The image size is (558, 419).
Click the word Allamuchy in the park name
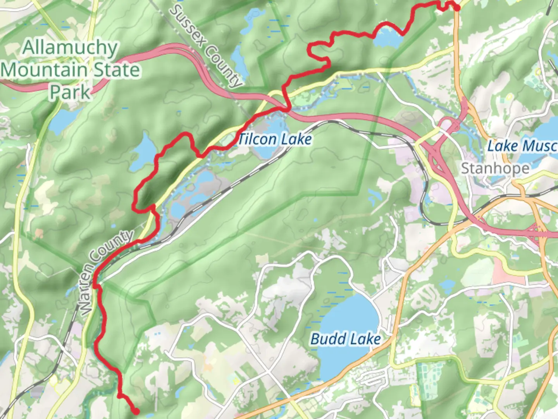click(x=70, y=48)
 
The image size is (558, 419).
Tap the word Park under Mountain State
click(x=70, y=92)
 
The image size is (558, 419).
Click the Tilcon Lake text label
click(x=274, y=139)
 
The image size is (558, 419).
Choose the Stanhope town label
click(x=495, y=168)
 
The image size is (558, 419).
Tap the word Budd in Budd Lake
click(x=328, y=339)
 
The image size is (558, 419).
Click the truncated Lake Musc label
click(x=522, y=146)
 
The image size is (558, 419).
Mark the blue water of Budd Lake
click(x=349, y=314)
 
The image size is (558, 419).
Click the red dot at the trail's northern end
click(x=457, y=8)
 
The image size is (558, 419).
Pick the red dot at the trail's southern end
click(x=136, y=411)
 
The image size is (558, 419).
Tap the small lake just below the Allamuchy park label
click(x=62, y=120)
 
